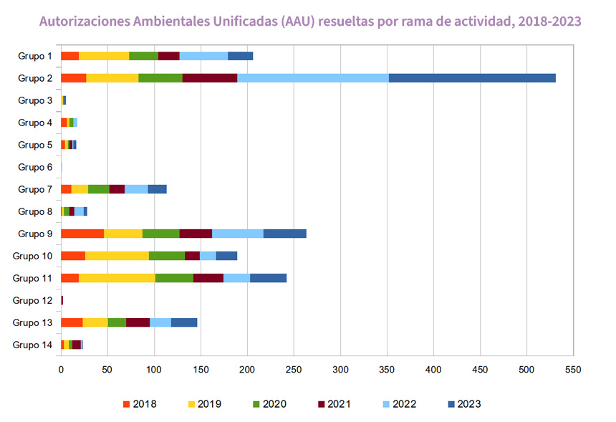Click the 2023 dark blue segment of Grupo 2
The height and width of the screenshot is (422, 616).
pyautogui.click(x=472, y=78)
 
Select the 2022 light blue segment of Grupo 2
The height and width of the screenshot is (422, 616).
pyautogui.click(x=313, y=78)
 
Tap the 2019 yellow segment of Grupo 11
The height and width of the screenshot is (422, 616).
pyautogui.click(x=117, y=278)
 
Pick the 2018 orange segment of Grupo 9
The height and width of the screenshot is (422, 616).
pyautogui.click(x=82, y=234)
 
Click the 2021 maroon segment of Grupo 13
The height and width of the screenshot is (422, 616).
pyautogui.click(x=138, y=322)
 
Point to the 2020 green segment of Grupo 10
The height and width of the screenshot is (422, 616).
pyautogui.click(x=167, y=256)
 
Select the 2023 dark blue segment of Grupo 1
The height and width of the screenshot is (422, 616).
pyautogui.click(x=241, y=56)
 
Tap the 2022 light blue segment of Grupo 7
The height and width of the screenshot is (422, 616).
pyautogui.click(x=136, y=189)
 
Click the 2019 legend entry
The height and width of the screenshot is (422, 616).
pyautogui.click(x=205, y=404)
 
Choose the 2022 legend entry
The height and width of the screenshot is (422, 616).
pyautogui.click(x=400, y=404)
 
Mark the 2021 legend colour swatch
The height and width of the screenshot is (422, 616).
pyautogui.click(x=322, y=404)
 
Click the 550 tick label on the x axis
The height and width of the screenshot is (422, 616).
pyautogui.click(x=573, y=370)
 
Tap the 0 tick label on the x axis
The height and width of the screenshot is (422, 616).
pyautogui.click(x=61, y=370)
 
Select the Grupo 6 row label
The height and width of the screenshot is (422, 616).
pyautogui.click(x=35, y=167)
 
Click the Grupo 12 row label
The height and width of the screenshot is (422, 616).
pyautogui.click(x=32, y=300)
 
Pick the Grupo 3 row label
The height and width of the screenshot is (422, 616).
pyautogui.click(x=35, y=100)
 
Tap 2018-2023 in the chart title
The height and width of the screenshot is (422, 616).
pyautogui.click(x=549, y=21)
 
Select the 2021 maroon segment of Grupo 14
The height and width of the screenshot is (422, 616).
pyautogui.click(x=77, y=345)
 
